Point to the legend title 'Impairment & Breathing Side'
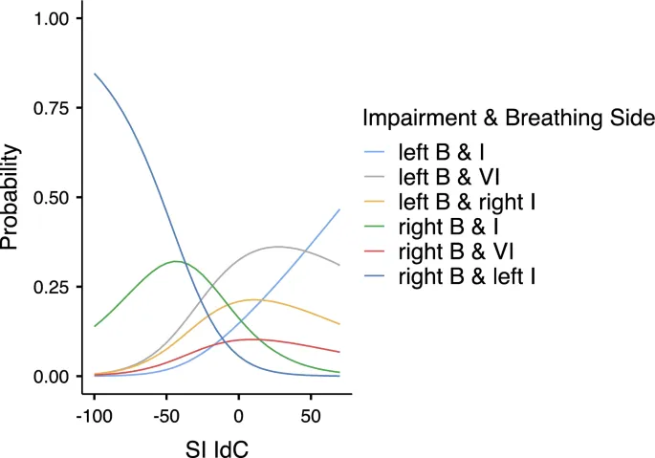coord(508,119)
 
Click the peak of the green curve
coord(176,261)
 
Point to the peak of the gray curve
coord(278,247)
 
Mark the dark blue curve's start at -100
coord(94,74)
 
